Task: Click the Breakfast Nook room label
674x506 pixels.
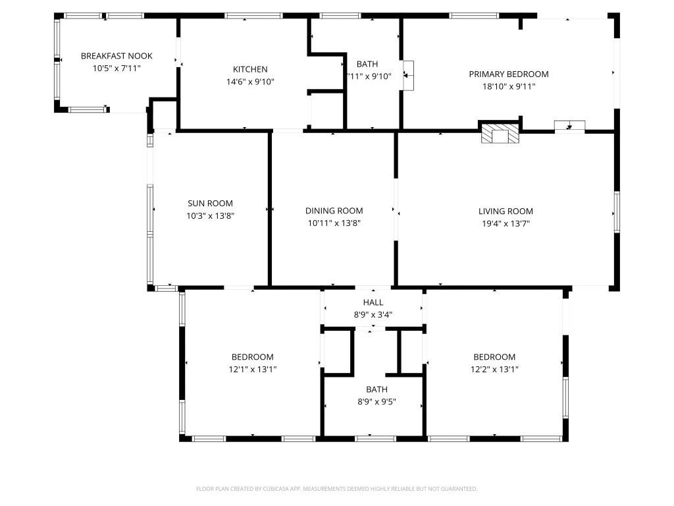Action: (117, 56)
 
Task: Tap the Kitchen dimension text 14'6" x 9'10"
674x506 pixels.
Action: (250, 82)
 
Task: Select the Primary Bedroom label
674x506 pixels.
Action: (508, 74)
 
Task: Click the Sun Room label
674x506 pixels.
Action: (210, 204)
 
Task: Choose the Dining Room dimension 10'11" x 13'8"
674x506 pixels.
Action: (334, 223)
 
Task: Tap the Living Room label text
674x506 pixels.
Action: (505, 211)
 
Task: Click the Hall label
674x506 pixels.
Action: (373, 302)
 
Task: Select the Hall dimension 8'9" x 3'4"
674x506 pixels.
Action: (373, 314)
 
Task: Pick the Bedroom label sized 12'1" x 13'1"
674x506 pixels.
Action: (252, 357)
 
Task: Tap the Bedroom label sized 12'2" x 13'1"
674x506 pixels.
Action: (494, 357)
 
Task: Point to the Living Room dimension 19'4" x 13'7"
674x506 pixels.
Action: (505, 223)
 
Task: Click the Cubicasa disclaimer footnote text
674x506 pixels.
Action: (336, 489)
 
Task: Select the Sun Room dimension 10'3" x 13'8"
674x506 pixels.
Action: (210, 215)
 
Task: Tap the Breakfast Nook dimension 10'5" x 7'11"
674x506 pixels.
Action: (117, 68)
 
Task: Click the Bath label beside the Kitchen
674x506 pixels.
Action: (367, 64)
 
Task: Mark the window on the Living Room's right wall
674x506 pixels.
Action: (617, 211)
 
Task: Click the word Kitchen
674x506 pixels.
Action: (250, 69)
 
